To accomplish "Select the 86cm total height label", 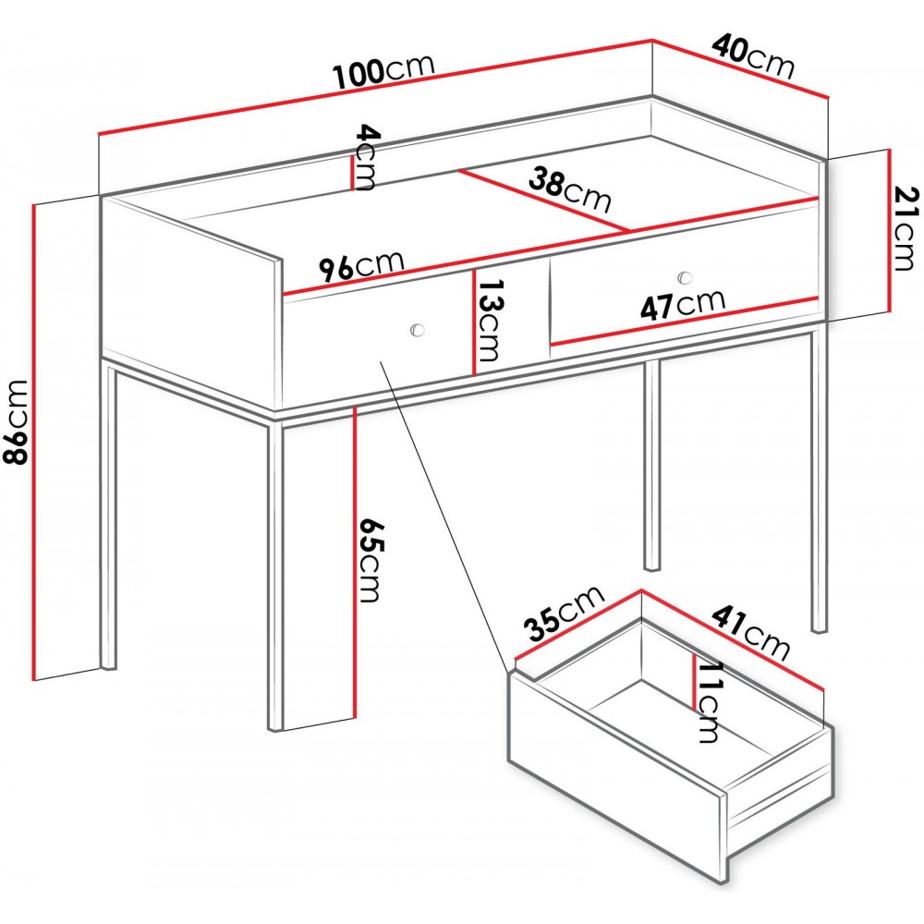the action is (15, 422).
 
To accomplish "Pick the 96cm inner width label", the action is (361, 266).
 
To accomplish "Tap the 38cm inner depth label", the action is (569, 189).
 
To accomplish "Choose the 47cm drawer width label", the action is (683, 304).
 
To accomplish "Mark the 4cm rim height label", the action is (365, 157).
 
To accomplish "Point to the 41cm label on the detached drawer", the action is (750, 633).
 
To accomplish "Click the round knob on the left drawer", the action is (418, 330).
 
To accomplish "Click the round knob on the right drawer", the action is (685, 276).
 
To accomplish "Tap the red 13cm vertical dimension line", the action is (473, 322).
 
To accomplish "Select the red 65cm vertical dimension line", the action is (356, 563).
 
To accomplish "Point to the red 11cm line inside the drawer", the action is (694, 682).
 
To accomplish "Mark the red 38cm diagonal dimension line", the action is (543, 201).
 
